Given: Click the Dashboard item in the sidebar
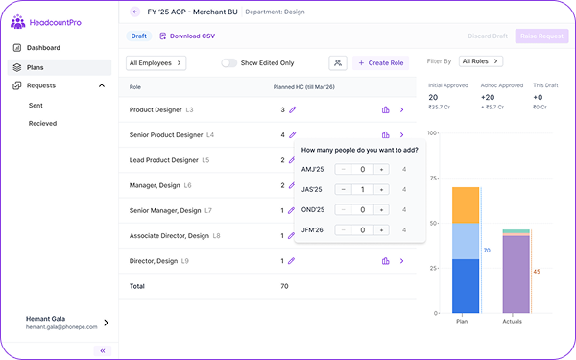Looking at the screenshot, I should tap(43, 47).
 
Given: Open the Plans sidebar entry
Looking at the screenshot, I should tap(35, 67).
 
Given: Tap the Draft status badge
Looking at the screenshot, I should tap(139, 36).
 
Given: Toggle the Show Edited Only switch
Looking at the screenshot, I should tap(229, 62).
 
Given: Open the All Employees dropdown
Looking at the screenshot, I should tap(156, 62).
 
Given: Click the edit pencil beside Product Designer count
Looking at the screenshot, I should tap(293, 110).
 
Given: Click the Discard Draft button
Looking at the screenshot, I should tap(489, 36).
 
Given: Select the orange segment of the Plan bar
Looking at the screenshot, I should tap(466, 204).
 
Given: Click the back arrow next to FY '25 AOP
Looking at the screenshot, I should tap(133, 12).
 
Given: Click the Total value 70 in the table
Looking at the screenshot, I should tap(284, 286).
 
